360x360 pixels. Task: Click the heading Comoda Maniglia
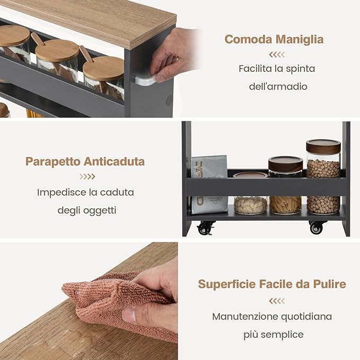point(274,39)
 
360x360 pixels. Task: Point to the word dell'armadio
point(278,86)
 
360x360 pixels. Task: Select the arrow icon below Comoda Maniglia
point(276,55)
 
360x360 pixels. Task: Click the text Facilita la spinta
point(277,68)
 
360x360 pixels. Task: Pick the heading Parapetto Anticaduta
point(85,162)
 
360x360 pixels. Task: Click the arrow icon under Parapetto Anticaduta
point(87,177)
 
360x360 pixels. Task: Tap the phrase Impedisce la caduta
point(85,192)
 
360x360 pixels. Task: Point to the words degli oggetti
point(86,210)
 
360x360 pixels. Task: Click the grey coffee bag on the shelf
point(209,184)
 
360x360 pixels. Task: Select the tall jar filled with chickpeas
point(323,176)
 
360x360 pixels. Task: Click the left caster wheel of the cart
point(205,228)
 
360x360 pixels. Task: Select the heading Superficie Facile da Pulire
point(272,284)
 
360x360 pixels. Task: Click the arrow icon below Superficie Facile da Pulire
point(276,301)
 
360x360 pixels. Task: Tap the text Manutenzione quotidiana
point(272,317)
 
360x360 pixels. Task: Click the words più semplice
point(274,335)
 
